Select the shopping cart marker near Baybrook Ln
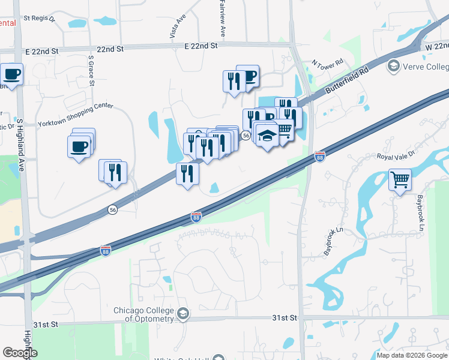pyautogui.click(x=400, y=179)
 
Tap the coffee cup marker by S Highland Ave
pyautogui.click(x=11, y=74)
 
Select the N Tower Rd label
pyautogui.click(x=327, y=63)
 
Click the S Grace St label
pyautogui.click(x=91, y=71)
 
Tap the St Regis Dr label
pyautogui.click(x=39, y=19)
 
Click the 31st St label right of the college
pyautogui.click(x=285, y=317)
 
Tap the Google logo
pyautogui.click(x=20, y=353)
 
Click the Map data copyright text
pyautogui.click(x=412, y=355)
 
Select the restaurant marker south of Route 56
pyautogui.click(x=187, y=174)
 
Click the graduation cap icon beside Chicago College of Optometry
pyautogui.click(x=183, y=313)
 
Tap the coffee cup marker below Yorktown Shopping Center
pyautogui.click(x=79, y=147)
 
